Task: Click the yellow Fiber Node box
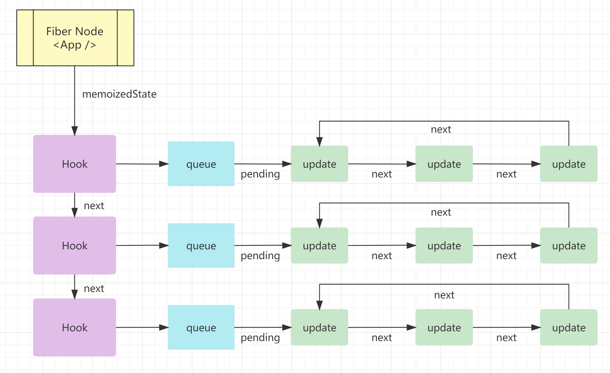pyautogui.click(x=75, y=38)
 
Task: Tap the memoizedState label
pyautogui.click(x=119, y=94)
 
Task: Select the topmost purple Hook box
pyautogui.click(x=75, y=164)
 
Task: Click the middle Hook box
pyautogui.click(x=75, y=246)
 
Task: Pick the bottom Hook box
pyautogui.click(x=75, y=327)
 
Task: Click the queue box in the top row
pyautogui.click(x=201, y=164)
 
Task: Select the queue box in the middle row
pyautogui.click(x=201, y=246)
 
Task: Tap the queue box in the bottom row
pyautogui.click(x=201, y=327)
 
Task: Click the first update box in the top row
pyautogui.click(x=320, y=164)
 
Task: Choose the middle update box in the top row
pyautogui.click(x=444, y=164)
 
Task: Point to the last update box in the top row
pyautogui.click(x=569, y=164)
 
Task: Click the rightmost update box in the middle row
pyautogui.click(x=569, y=246)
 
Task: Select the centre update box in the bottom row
pyautogui.click(x=444, y=327)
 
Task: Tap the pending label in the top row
pyautogui.click(x=260, y=174)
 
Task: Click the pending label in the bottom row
pyautogui.click(x=260, y=338)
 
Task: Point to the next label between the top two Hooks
pyautogui.click(x=94, y=206)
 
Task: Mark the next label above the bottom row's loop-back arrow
pyautogui.click(x=444, y=295)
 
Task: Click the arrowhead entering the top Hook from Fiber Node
pyautogui.click(x=75, y=131)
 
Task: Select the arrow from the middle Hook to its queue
pyautogui.click(x=142, y=245)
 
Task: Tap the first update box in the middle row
pyautogui.click(x=320, y=246)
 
